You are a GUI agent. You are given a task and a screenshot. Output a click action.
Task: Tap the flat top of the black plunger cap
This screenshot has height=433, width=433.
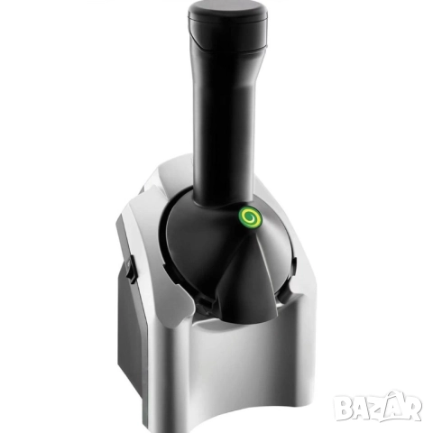tap(227, 8)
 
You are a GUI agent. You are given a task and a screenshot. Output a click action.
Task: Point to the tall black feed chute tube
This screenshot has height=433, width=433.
tap(226, 120)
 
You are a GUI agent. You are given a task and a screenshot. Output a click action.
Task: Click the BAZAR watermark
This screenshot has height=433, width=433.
tap(378, 406)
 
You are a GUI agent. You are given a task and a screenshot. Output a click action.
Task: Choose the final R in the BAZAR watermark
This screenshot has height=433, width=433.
tap(412, 408)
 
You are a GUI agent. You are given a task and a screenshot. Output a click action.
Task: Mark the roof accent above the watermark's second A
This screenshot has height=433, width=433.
tap(394, 394)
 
